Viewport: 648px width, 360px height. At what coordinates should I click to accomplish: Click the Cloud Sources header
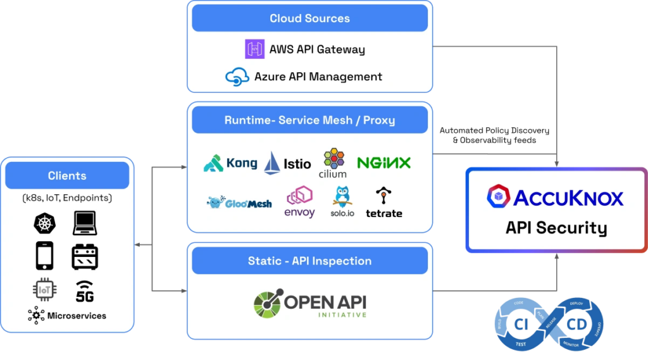click(x=309, y=18)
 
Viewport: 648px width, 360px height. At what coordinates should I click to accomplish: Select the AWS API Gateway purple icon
click(x=254, y=49)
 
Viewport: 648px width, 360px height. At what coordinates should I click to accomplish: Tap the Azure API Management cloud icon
click(x=237, y=77)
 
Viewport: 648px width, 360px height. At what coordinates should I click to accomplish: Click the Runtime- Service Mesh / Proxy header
click(x=309, y=120)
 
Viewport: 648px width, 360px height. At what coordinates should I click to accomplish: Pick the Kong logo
click(x=230, y=163)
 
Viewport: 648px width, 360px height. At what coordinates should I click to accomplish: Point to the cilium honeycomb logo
click(x=333, y=163)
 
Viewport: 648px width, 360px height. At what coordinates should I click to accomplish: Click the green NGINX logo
click(x=383, y=163)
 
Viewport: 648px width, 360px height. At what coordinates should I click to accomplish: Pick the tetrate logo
click(x=383, y=202)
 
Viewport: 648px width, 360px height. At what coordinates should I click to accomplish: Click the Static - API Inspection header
click(x=309, y=261)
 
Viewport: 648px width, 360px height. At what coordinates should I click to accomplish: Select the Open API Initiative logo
click(x=309, y=304)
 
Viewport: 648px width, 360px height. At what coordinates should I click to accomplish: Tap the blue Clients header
click(x=67, y=175)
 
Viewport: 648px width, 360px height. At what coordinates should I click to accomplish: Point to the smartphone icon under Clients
click(x=44, y=256)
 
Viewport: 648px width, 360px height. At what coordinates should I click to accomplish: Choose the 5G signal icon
click(x=84, y=290)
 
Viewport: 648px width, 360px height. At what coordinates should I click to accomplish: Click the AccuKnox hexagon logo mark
click(x=499, y=197)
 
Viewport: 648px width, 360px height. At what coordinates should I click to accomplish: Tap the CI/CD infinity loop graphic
click(x=547, y=325)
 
